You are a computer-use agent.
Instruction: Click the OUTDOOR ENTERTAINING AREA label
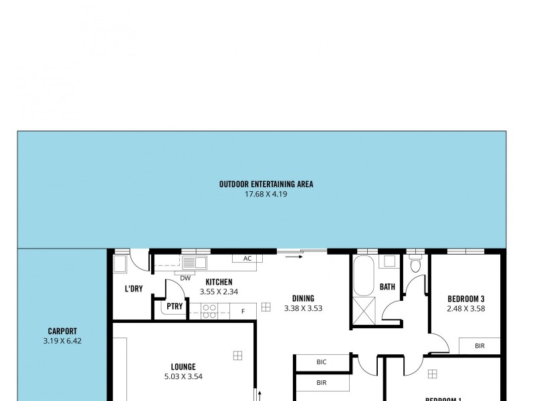[266, 184]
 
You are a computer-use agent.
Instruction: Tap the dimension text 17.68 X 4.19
[266, 194]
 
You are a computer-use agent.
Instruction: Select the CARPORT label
[62, 331]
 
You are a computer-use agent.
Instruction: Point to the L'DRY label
[134, 289]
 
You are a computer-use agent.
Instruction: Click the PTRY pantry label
[175, 307]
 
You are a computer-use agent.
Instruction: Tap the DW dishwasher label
[186, 278]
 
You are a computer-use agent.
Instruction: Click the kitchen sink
[195, 262]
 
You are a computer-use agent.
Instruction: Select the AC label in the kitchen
[247, 259]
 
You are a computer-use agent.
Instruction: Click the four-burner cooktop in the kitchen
[209, 309]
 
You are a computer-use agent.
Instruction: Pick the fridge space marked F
[243, 310]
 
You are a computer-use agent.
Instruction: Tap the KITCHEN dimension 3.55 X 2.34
[219, 291]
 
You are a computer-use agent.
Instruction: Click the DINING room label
[303, 299]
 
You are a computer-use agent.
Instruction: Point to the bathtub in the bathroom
[364, 276]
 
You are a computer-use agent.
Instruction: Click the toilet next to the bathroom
[415, 264]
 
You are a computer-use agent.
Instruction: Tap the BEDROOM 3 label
[465, 299]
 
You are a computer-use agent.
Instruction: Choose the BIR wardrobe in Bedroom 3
[479, 346]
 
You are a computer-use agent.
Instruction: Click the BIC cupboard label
[322, 362]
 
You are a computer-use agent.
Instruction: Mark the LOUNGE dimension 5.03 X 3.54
[183, 376]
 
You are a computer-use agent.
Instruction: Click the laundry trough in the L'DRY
[120, 264]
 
